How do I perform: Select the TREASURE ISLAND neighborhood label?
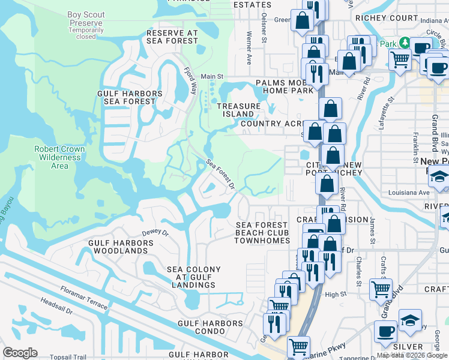pyautogui.click(x=238, y=110)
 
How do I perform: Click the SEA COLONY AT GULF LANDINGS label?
pyautogui.click(x=191, y=277)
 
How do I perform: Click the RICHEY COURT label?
pyautogui.click(x=394, y=18)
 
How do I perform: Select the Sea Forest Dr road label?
pyautogui.click(x=220, y=173)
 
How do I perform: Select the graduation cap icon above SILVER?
pyautogui.click(x=410, y=319)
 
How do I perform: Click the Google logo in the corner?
pyautogui.click(x=20, y=353)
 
